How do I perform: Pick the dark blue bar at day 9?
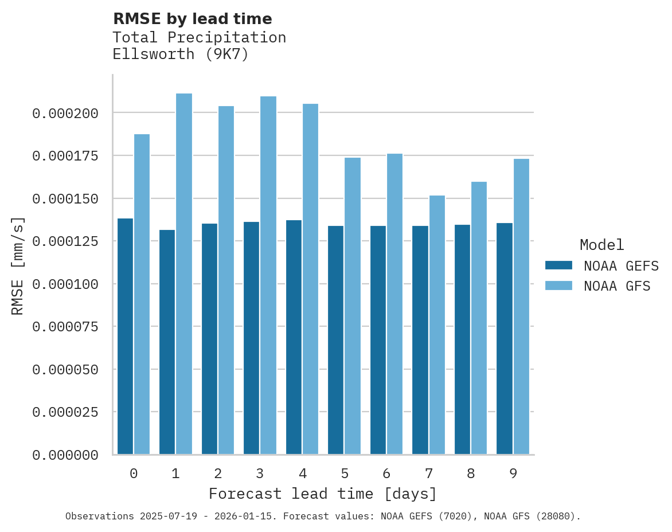pos(505,339)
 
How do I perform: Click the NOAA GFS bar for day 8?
pos(479,318)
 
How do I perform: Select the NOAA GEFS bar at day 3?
pos(252,338)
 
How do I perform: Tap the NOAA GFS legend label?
pos(617,286)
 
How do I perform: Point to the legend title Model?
pos(601,245)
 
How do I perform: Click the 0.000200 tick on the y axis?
pos(65,114)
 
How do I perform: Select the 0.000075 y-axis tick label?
pos(65,327)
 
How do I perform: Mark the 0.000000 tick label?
pos(65,455)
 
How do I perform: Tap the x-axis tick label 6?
pos(386,474)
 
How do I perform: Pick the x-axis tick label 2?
pos(218,474)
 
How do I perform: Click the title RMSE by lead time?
pos(192,19)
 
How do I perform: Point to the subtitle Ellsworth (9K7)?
pos(181,55)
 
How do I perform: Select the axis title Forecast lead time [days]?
pos(323,494)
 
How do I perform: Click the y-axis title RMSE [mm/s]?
pos(18,266)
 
